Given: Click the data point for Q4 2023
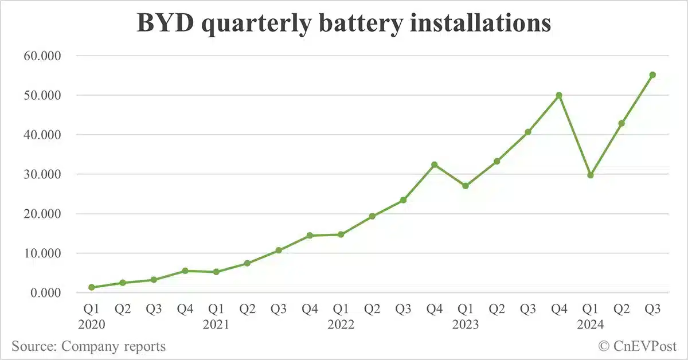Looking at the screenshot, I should click(x=559, y=95).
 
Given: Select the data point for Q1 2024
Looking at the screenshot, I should click(x=590, y=175).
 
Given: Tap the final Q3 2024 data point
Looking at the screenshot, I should click(x=652, y=75).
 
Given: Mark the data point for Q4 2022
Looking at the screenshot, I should click(x=434, y=165).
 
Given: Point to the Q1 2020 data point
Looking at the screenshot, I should click(x=92, y=287).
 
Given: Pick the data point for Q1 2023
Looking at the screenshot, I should click(x=466, y=186).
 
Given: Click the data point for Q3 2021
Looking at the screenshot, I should click(x=279, y=251).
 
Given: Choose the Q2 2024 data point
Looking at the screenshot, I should click(x=621, y=123).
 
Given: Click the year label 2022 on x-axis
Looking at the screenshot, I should click(x=341, y=324).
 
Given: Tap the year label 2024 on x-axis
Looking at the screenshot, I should click(x=590, y=324).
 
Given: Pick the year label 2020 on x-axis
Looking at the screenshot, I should click(x=92, y=324).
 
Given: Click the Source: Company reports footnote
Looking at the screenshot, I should click(x=88, y=346).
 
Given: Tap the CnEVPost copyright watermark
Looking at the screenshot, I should click(x=637, y=346).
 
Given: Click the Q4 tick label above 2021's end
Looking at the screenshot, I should click(x=310, y=310).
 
